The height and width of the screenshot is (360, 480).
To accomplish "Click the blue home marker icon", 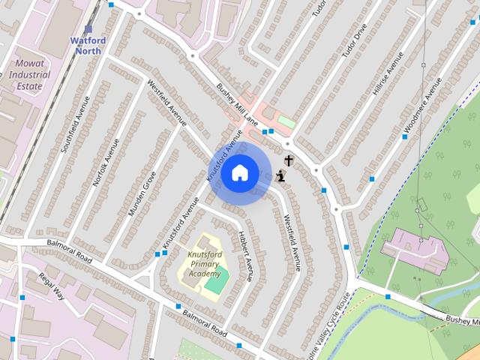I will point(239,173).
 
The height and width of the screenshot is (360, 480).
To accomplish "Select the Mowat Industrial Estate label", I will point(28,75).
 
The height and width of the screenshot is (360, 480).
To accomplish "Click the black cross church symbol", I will point(289,160).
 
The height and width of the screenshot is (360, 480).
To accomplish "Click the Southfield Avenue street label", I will point(75,124).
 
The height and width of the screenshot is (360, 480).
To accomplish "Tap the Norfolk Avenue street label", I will point(106,162).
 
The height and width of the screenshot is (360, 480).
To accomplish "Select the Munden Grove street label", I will point(141,193).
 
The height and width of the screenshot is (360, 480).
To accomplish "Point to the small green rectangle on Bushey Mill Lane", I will point(286,121).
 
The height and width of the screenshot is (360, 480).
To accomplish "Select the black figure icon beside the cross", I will point(280,176).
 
